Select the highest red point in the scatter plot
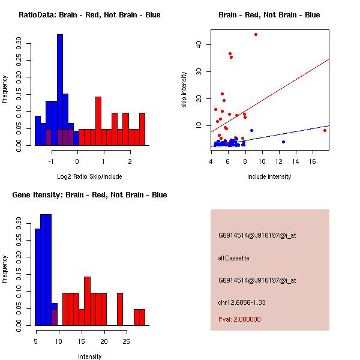point(256,34)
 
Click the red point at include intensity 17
point(325,130)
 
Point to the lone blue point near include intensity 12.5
point(283,142)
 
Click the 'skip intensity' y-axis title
point(184,90)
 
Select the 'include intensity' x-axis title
point(269,176)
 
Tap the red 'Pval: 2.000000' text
point(239,319)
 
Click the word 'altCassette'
point(233,258)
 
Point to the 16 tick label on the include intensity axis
point(313,161)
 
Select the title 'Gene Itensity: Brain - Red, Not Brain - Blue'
point(83,195)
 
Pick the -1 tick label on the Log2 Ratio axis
point(52,161)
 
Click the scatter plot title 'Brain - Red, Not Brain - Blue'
point(269,15)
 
